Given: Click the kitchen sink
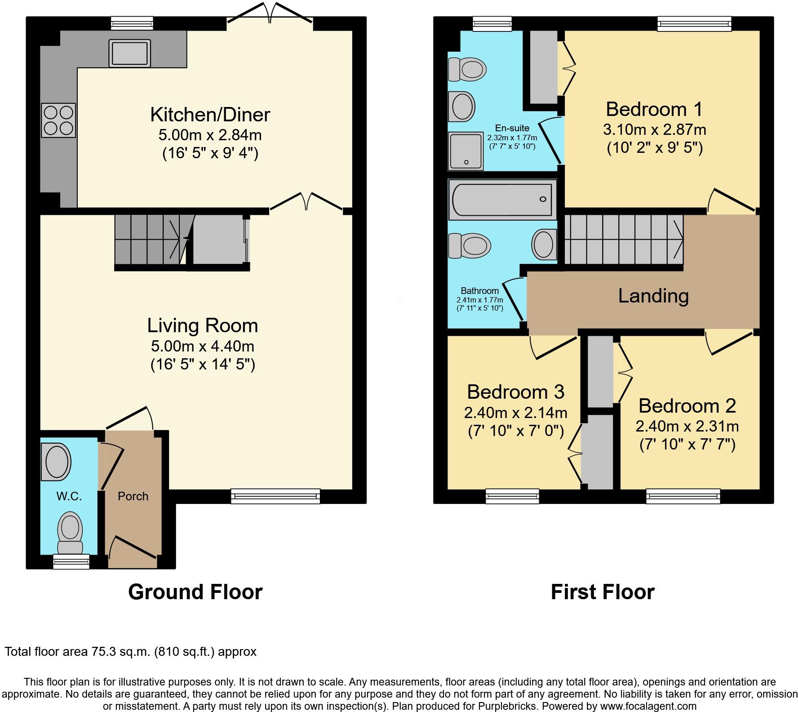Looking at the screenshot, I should (x=129, y=53).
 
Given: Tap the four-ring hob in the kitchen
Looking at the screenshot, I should (x=58, y=120).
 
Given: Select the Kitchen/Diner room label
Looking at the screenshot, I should (x=210, y=115).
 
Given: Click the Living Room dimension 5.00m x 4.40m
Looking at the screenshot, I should (x=203, y=346).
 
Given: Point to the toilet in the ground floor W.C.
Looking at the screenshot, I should (x=70, y=533).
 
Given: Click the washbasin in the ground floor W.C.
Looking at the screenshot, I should (x=56, y=462).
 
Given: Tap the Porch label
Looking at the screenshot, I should (x=133, y=496).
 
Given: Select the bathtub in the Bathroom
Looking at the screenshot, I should (x=502, y=199).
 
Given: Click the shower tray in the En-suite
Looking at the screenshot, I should (x=466, y=151).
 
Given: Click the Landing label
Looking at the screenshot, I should (x=653, y=296).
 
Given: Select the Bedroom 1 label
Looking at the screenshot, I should (x=654, y=109).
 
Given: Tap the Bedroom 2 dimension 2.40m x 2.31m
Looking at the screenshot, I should (x=687, y=426).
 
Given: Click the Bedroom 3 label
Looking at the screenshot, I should (x=515, y=392).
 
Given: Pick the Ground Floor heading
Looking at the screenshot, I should (x=195, y=592).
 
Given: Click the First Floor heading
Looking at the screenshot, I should (x=603, y=592).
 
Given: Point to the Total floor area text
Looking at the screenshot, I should (x=130, y=652).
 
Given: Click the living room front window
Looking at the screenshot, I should (x=276, y=496).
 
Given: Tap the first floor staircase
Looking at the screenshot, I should (x=623, y=239).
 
